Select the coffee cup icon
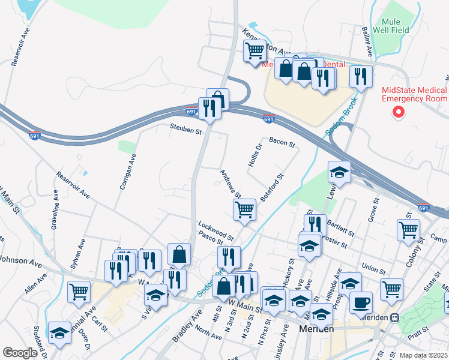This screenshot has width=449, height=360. tap(361, 302)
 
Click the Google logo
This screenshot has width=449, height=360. tap(20, 353)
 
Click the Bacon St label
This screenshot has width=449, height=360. tap(282, 142)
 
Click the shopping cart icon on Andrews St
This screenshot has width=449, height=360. tap(244, 209)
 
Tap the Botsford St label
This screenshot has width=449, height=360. tap(271, 188)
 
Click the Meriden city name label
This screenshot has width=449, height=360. tap(316, 329)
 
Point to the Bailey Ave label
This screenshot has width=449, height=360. tap(367, 41)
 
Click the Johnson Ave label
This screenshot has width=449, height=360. tap(21, 262)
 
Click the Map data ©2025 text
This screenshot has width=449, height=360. tap(423, 355)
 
